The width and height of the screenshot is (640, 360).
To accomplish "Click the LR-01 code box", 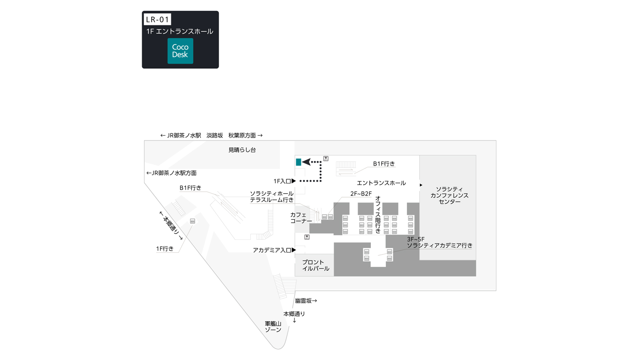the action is [x=157, y=20].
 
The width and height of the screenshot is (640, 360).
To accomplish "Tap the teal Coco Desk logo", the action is [x=180, y=51].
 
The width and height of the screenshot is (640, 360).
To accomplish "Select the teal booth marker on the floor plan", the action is [x=298, y=162].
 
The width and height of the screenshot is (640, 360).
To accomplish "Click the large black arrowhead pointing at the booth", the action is [x=306, y=162].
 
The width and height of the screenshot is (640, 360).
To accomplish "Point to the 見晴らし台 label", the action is [x=242, y=150].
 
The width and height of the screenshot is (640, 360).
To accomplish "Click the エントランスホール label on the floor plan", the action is [x=381, y=183].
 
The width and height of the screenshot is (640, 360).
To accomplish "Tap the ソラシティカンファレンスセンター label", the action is [x=450, y=196].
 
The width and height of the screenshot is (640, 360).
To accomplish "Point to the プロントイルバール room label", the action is [x=316, y=266].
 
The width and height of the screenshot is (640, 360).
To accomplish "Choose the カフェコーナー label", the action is [x=301, y=218].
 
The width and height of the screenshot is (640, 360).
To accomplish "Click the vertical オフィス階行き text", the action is [x=378, y=214].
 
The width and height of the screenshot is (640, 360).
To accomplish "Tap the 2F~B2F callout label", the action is [x=361, y=194].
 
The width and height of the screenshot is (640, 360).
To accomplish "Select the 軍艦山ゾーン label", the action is [x=273, y=326].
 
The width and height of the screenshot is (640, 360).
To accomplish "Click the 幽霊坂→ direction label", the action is [x=306, y=300].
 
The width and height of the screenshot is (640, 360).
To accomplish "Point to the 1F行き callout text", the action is [x=165, y=249].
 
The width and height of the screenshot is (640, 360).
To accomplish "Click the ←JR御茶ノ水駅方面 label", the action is [x=172, y=173].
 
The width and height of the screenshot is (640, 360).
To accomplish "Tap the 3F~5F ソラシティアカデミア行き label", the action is [x=440, y=242].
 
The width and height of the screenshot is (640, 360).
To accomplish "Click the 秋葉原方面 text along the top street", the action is [x=242, y=136].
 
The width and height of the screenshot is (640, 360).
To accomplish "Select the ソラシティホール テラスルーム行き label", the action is [x=272, y=197].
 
